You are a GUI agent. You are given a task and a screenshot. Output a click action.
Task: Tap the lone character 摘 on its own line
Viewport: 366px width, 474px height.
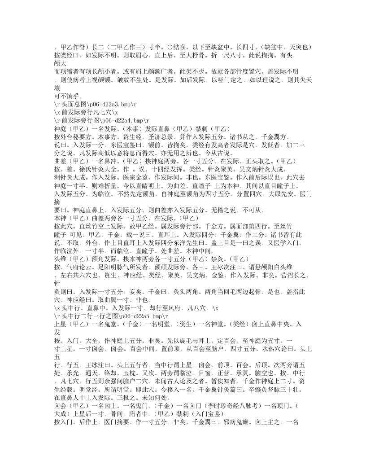[x=57, y=201]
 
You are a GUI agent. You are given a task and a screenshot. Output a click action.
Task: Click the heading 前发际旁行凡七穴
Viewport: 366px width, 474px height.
[x=86, y=111]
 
